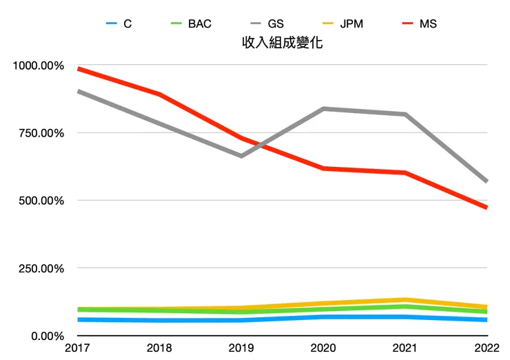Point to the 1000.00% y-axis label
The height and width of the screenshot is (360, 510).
39,66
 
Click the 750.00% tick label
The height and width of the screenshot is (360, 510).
41,133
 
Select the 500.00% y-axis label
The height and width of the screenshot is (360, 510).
41,201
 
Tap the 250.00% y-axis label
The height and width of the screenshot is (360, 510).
41,268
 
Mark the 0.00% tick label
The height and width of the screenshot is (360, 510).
47,336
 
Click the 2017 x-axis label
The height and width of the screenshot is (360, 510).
78,350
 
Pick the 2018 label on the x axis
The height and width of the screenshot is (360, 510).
160,350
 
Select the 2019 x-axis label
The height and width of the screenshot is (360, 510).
241,350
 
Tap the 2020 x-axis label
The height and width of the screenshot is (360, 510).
323,350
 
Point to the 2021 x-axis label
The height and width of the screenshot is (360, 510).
405,350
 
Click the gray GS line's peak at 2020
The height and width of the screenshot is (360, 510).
323,109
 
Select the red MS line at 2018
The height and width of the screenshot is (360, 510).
160,94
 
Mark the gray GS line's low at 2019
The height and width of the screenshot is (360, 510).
241,156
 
